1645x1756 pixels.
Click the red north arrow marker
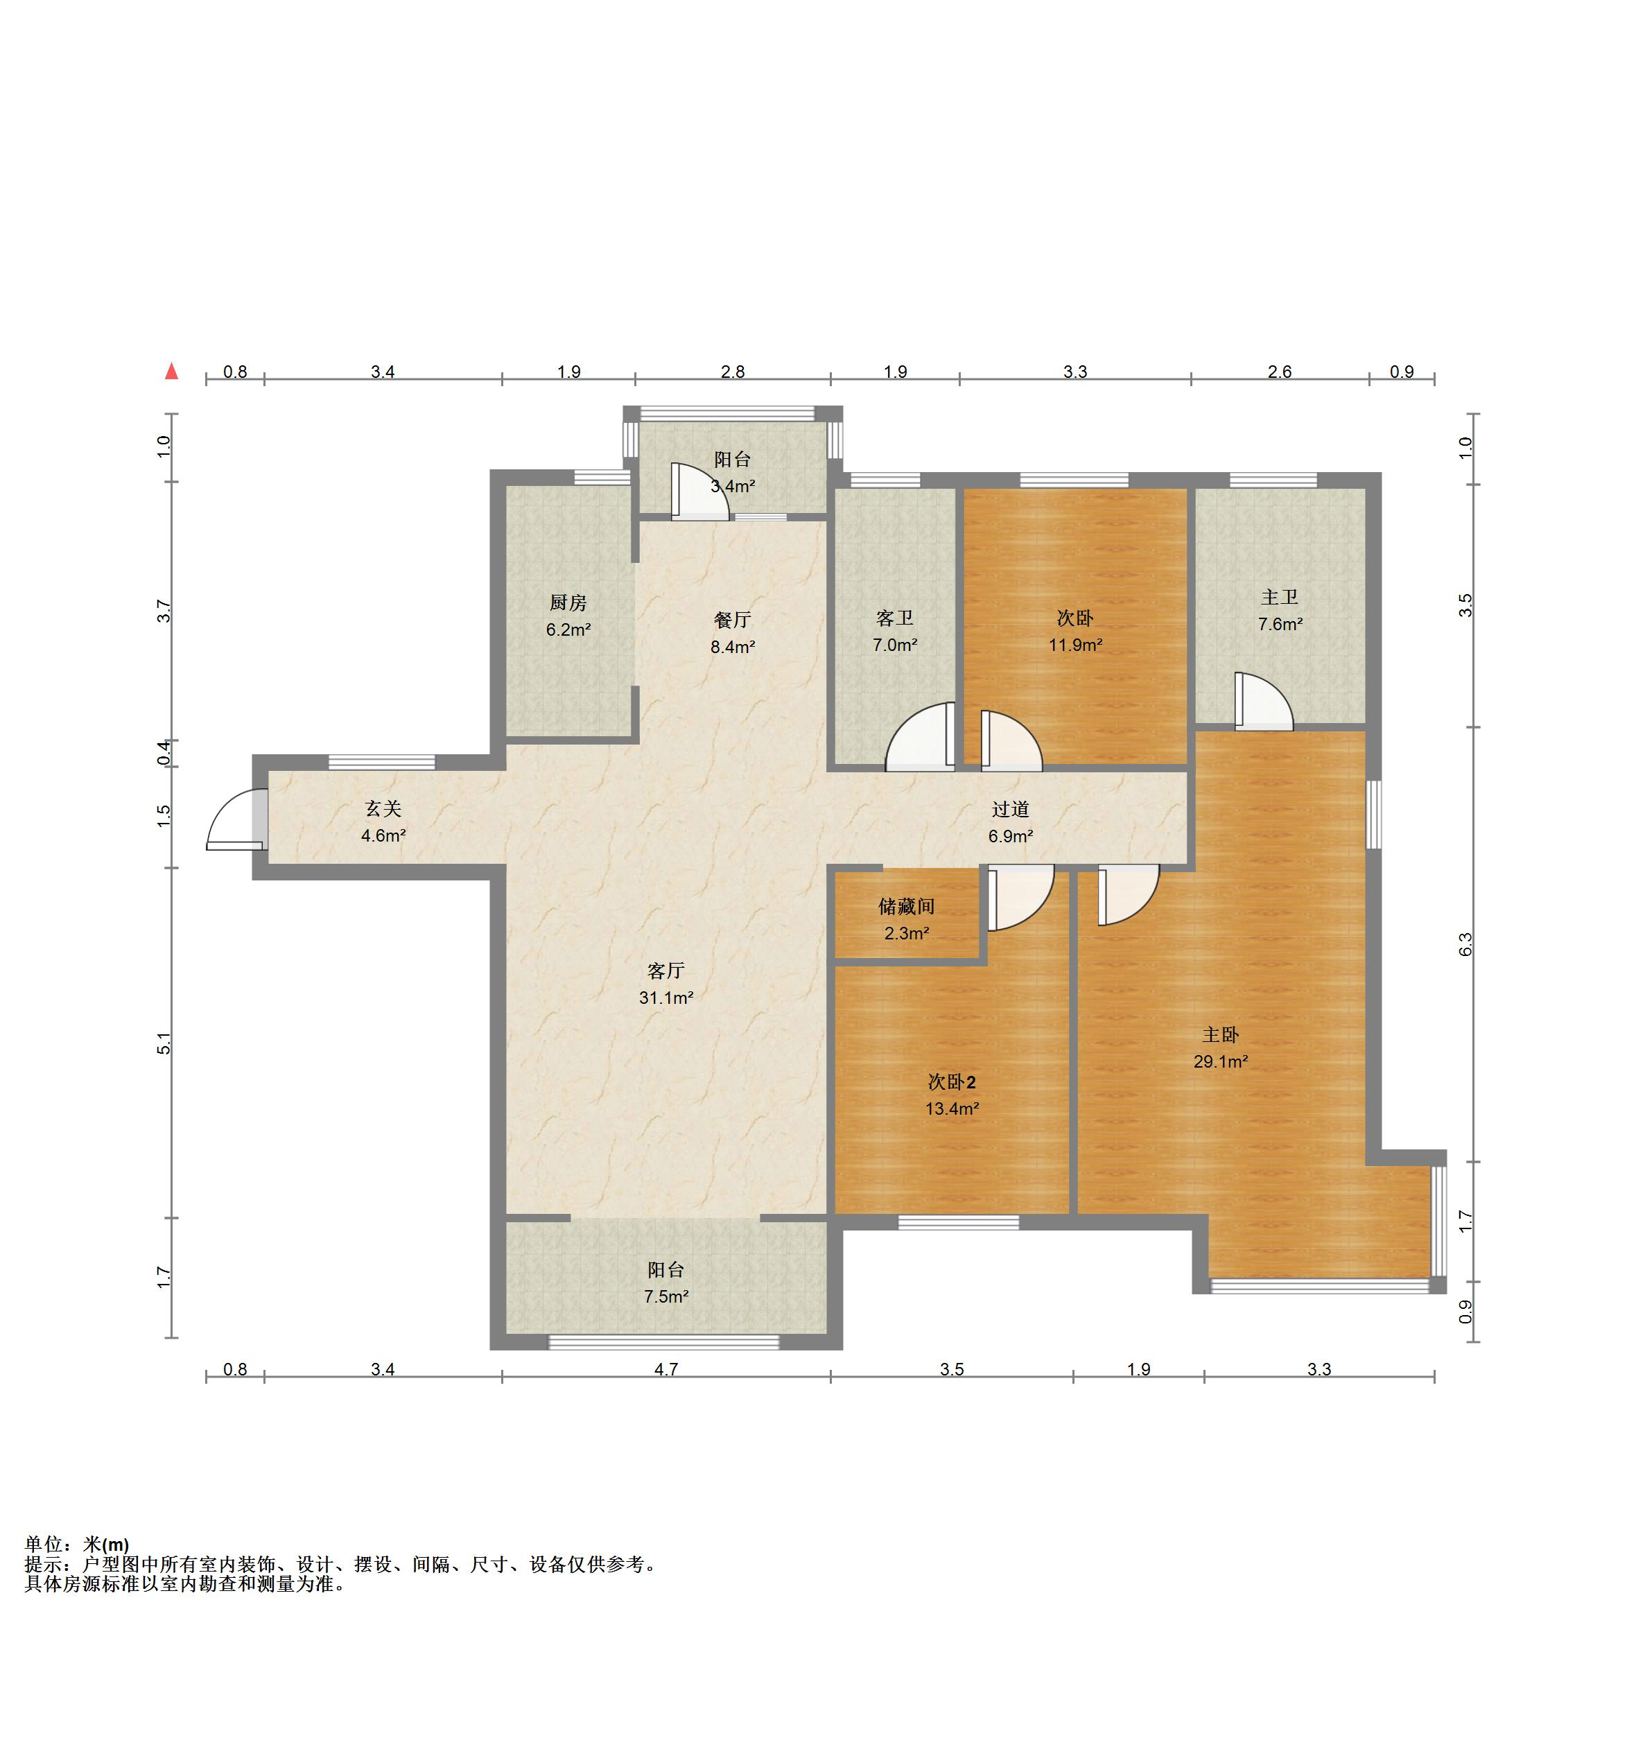click(171, 372)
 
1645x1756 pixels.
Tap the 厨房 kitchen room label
click(568, 602)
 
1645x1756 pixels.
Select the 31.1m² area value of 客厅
click(666, 998)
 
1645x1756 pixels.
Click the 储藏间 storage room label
click(907, 906)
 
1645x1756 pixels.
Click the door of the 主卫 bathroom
click(1263, 702)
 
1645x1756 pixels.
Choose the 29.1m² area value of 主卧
click(1220, 1062)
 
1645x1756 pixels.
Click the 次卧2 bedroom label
click(952, 1082)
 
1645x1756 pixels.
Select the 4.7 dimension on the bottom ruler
click(666, 1369)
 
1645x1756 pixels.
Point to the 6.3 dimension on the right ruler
click(1465, 944)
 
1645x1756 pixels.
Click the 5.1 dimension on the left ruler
click(164, 1043)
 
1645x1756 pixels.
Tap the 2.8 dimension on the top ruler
click(733, 372)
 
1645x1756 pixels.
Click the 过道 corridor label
click(1011, 809)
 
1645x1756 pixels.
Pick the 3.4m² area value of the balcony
click(733, 486)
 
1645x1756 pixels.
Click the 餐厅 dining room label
click(733, 620)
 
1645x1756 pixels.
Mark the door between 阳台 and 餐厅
click(699, 489)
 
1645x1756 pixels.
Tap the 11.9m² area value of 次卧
click(1075, 645)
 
